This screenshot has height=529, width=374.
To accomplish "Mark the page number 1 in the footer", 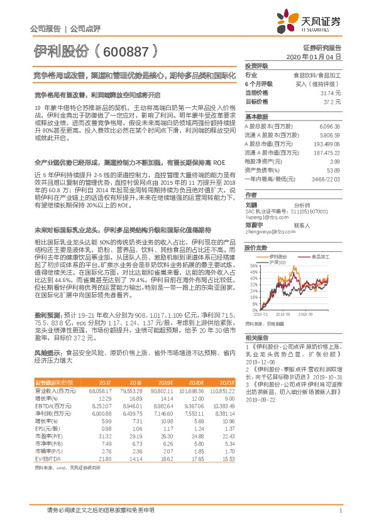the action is point(340,510).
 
